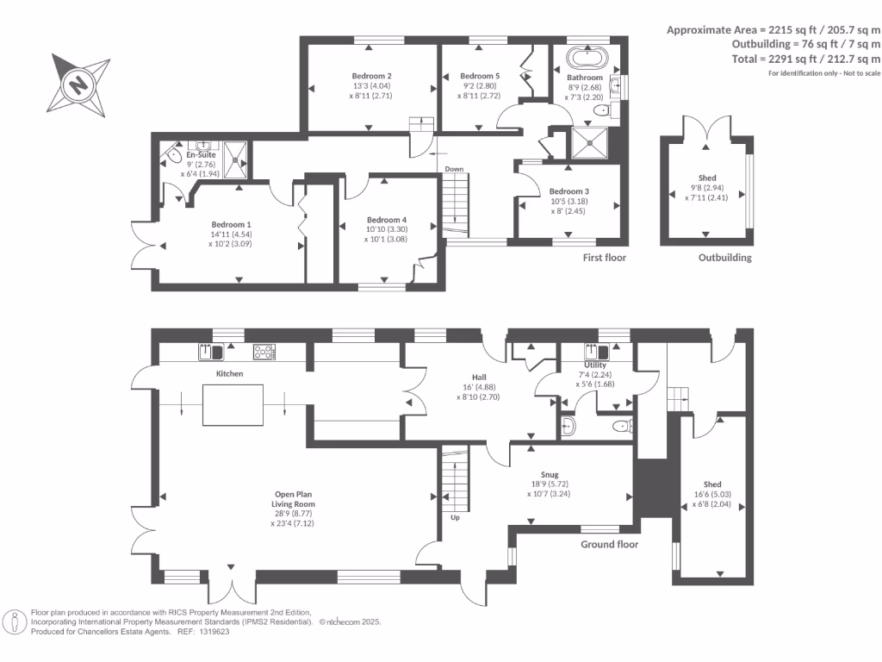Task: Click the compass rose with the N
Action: tap(79, 85)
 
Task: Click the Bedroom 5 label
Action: tap(480, 76)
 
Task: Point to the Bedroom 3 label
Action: tap(569, 191)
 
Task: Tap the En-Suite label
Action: tap(201, 154)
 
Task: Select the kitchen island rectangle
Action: tap(233, 405)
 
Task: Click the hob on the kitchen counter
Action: tap(264, 351)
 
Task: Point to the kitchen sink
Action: tap(211, 351)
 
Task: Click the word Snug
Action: tap(550, 474)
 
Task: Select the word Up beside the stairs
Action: tap(455, 518)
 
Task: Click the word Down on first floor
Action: tap(455, 169)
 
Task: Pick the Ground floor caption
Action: tap(609, 545)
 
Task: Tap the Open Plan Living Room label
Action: tap(295, 499)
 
